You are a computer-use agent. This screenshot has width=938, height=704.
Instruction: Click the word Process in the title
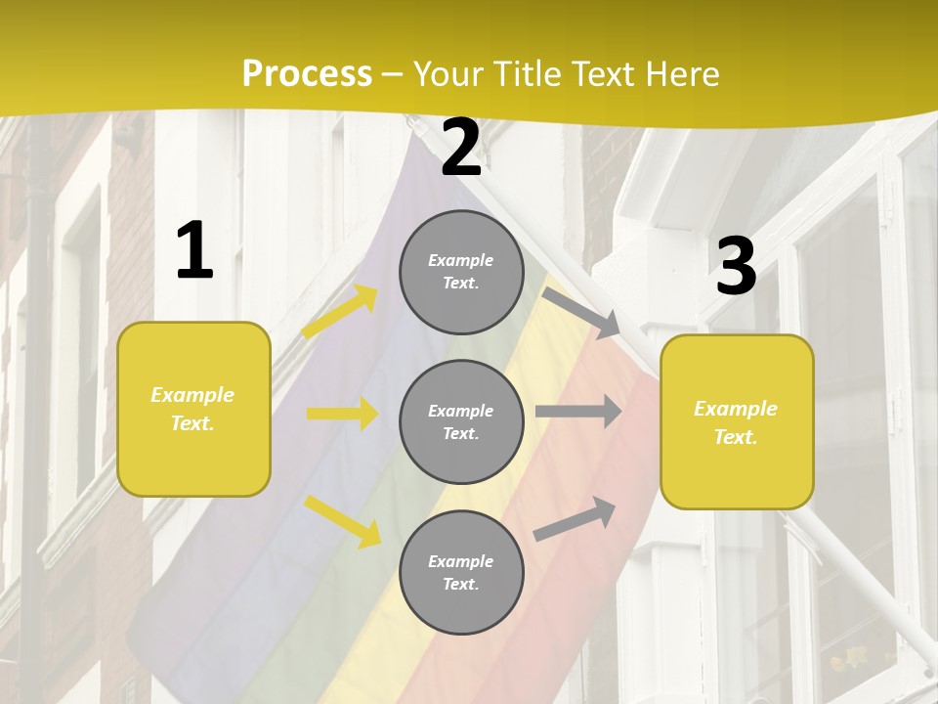pyautogui.click(x=307, y=74)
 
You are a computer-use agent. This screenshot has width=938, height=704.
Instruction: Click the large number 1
pyautogui.click(x=194, y=251)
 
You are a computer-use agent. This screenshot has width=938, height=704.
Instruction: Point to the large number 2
pyautogui.click(x=461, y=149)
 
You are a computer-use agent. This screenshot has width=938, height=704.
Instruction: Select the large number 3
pyautogui.click(x=736, y=267)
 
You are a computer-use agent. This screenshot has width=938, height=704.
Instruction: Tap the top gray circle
pyautogui.click(x=461, y=272)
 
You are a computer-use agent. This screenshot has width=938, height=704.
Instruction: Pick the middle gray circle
pyautogui.click(x=461, y=421)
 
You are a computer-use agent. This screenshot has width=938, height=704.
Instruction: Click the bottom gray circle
pyautogui.click(x=461, y=572)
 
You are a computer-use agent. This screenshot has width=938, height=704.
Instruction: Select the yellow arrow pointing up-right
pyautogui.click(x=340, y=311)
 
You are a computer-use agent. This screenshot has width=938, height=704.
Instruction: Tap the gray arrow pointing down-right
pyautogui.click(x=582, y=314)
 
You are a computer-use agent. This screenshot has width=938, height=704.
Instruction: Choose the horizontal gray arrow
pyautogui.click(x=578, y=412)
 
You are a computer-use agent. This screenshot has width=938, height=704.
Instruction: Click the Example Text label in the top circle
pyautogui.click(x=461, y=272)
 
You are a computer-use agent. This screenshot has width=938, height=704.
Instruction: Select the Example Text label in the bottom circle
pyautogui.click(x=461, y=573)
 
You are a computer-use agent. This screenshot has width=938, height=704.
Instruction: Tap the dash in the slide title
pyautogui.click(x=393, y=74)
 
